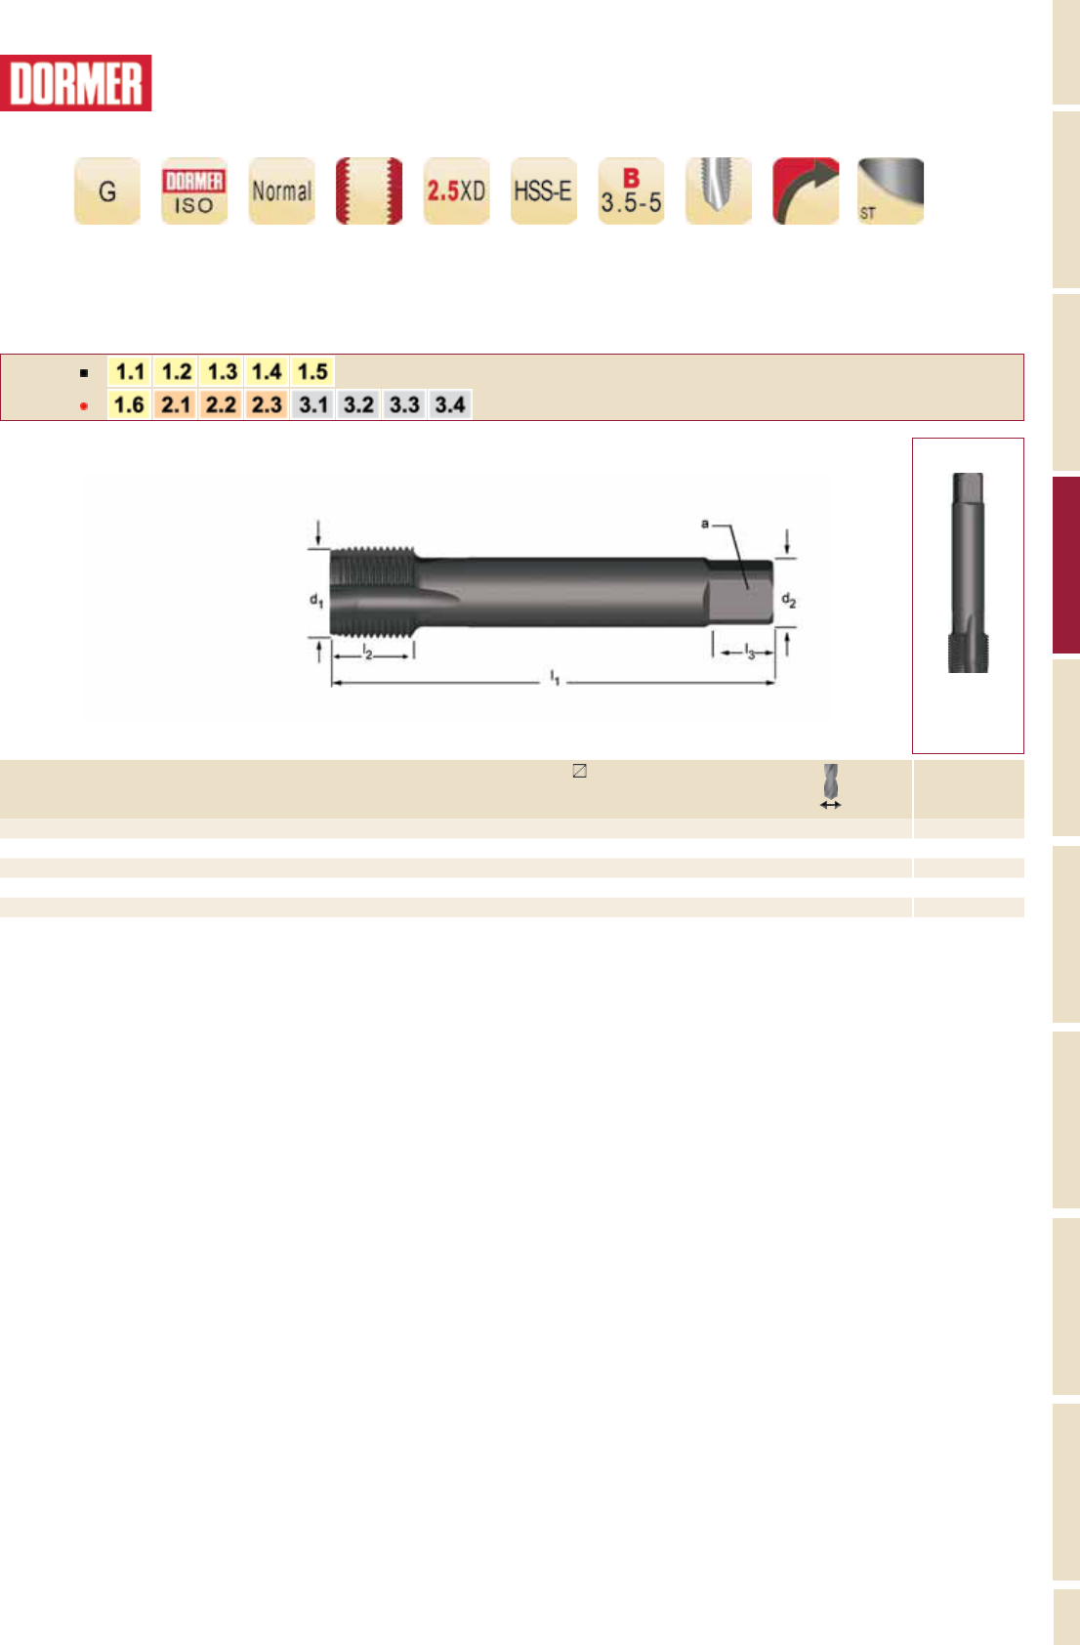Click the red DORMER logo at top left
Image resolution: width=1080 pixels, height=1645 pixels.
pos(75,83)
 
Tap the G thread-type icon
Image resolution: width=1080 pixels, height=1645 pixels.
pos(107,190)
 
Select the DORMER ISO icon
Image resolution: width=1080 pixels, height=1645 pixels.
pos(194,190)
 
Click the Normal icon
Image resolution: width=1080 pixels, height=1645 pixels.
pos(282,190)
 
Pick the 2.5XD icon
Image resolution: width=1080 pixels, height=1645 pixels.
pos(457,190)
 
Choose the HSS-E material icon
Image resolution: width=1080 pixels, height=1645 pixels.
pos(543,190)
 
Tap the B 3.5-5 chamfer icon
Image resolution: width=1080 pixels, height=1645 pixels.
pos(632,190)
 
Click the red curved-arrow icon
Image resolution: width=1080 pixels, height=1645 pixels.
pos(806,190)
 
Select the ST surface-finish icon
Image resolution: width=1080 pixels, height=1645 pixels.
pos(891,190)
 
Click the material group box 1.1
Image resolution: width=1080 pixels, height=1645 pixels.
pos(130,371)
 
